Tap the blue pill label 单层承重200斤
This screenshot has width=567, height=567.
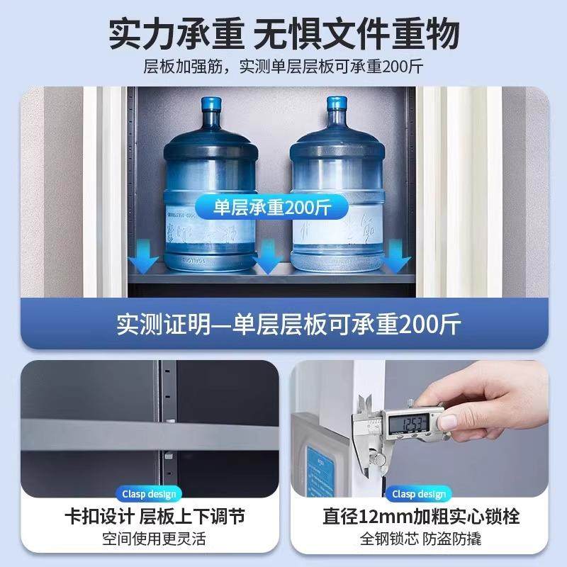point(271,208)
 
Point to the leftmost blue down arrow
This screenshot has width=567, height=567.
point(147,257)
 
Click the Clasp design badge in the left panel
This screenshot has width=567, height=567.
point(151,494)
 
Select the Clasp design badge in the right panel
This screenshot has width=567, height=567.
point(419,494)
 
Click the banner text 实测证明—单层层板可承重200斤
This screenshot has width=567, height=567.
point(288,325)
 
